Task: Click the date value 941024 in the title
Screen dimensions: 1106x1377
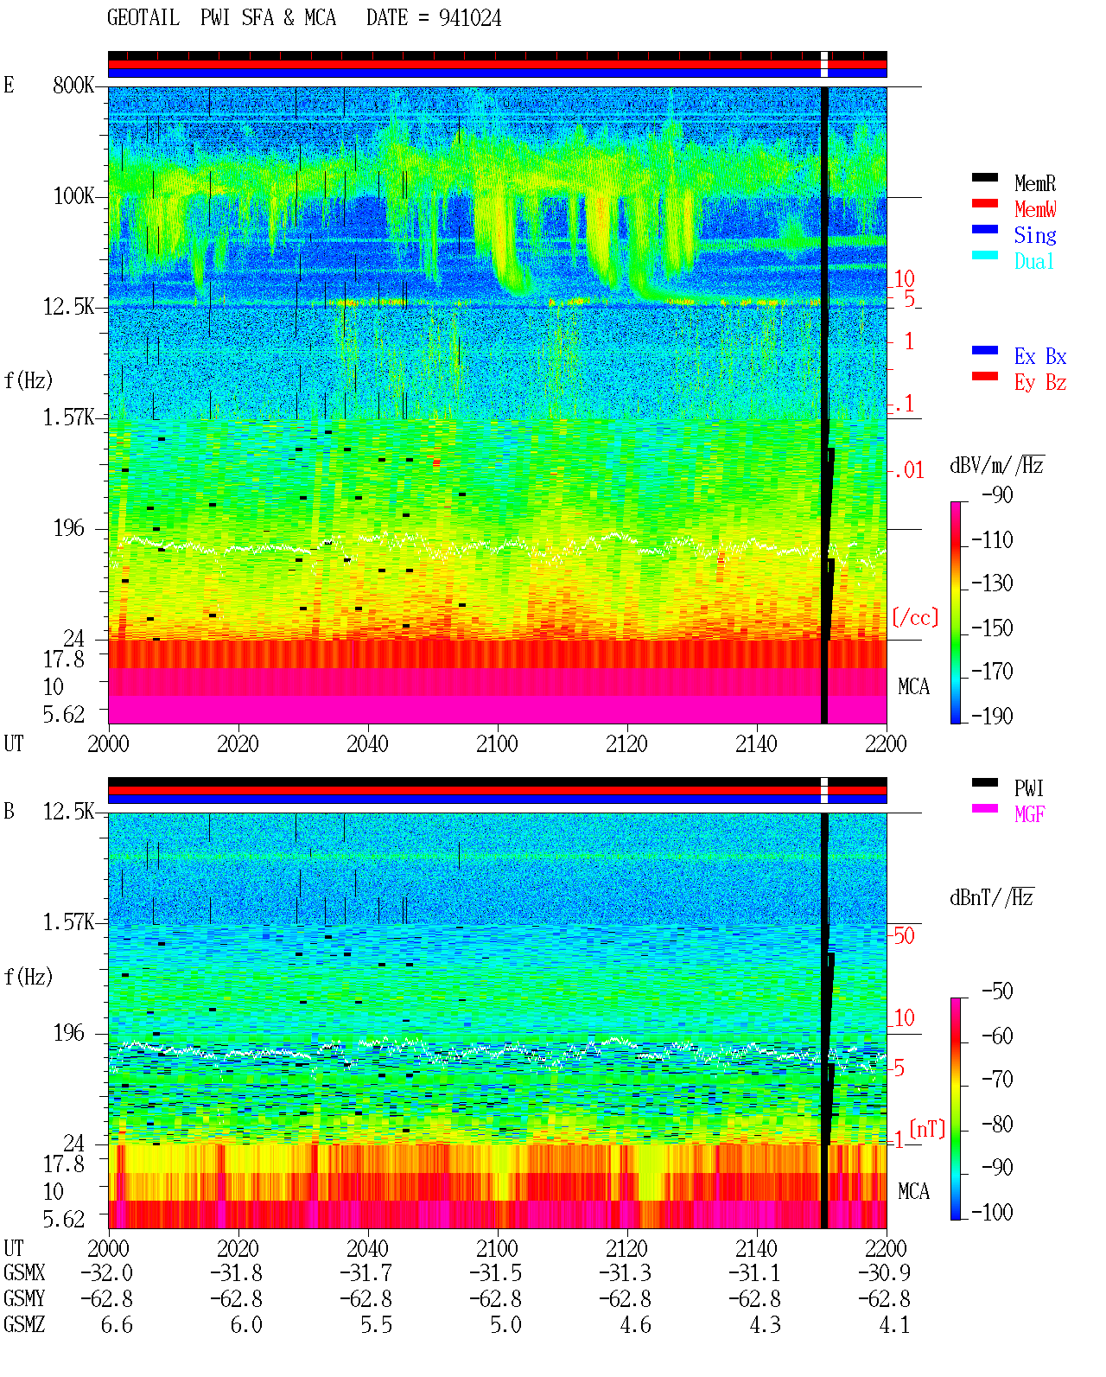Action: pyautogui.click(x=469, y=18)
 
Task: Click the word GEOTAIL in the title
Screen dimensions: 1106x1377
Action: pyautogui.click(x=143, y=18)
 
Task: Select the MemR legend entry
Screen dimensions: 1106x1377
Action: pyautogui.click(x=1035, y=183)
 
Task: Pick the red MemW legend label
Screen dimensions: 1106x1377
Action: pyautogui.click(x=1035, y=209)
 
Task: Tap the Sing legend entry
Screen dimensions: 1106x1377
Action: pyautogui.click(x=1035, y=235)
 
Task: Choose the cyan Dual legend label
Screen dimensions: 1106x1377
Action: pyautogui.click(x=1034, y=261)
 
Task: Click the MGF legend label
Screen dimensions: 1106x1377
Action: pyautogui.click(x=1029, y=814)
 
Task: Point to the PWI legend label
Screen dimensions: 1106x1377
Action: pyautogui.click(x=1029, y=787)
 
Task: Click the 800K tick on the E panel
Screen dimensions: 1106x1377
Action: pyautogui.click(x=73, y=85)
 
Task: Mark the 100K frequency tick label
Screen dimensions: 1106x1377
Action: pyautogui.click(x=73, y=196)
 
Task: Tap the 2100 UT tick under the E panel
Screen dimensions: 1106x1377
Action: pyautogui.click(x=497, y=743)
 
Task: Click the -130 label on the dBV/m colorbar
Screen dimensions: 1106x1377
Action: pyautogui.click(x=992, y=583)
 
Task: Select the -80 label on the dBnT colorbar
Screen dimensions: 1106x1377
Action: pyautogui.click(x=997, y=1124)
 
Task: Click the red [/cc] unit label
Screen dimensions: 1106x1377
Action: pyautogui.click(x=915, y=617)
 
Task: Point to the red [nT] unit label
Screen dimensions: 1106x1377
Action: pyautogui.click(x=927, y=1129)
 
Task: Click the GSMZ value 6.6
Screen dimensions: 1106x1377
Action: pyautogui.click(x=117, y=1324)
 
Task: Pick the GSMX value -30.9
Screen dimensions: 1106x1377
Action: pyautogui.click(x=884, y=1272)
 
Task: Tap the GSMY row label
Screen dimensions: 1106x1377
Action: pyautogui.click(x=24, y=1299)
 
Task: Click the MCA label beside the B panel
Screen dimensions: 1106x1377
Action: pyautogui.click(x=913, y=1191)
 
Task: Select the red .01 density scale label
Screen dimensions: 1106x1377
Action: pyautogui.click(x=908, y=471)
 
